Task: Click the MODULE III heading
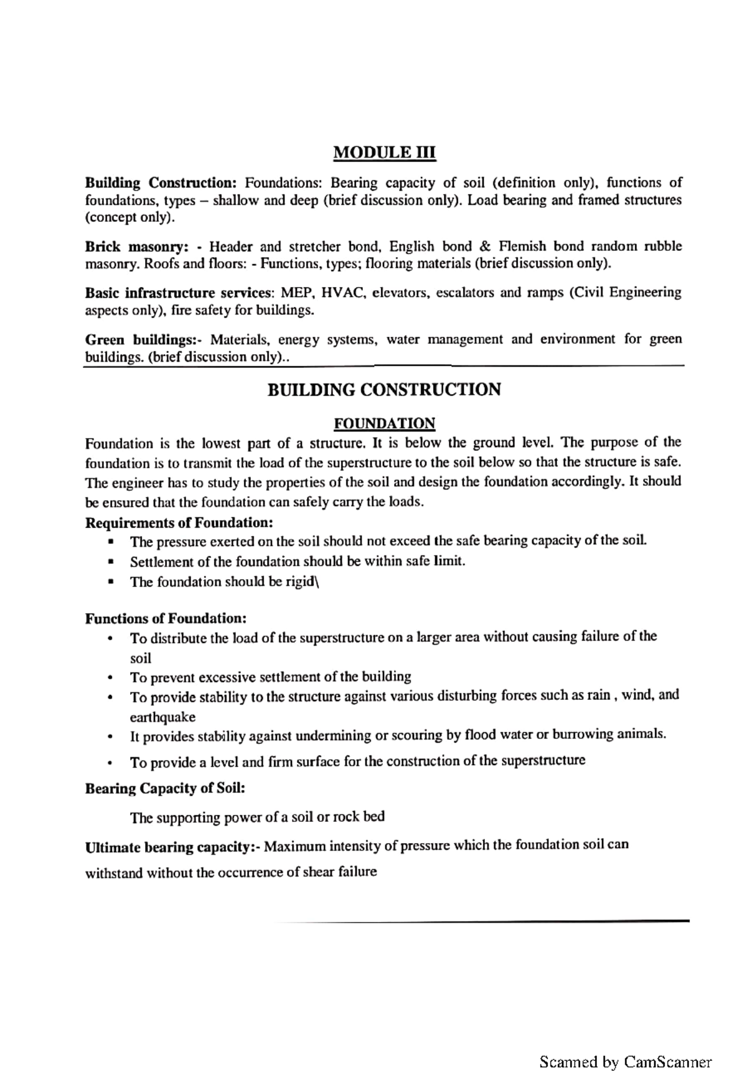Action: click(385, 152)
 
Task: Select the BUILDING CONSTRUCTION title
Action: click(384, 390)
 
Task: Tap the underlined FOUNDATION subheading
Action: click(384, 424)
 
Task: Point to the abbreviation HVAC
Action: click(341, 293)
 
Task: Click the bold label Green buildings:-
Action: click(144, 340)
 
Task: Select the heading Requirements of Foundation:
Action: click(179, 522)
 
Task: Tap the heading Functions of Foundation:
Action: click(166, 618)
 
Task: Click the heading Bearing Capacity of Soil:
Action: click(165, 788)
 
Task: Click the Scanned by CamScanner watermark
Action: click(625, 1061)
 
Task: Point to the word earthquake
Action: click(162, 717)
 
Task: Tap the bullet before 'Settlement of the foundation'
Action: click(110, 562)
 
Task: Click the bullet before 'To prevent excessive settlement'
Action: click(110, 677)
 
